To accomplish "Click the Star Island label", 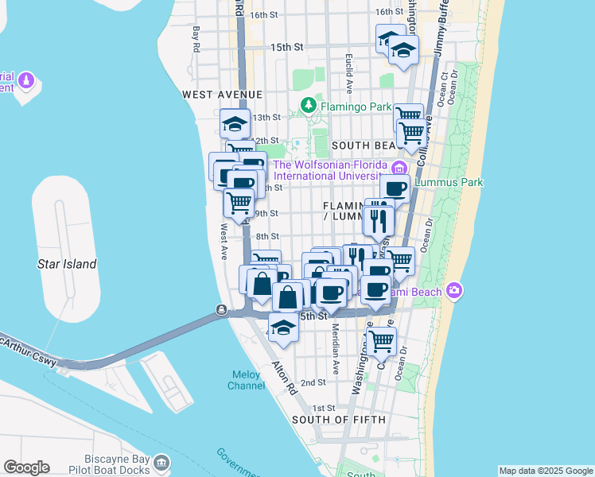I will pos(68,264).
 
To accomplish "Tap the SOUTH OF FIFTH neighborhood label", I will pos(338,419).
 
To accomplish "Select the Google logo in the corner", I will pos(26,467).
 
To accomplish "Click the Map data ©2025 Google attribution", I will pos(545,471).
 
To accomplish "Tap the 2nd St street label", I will pos(313,382).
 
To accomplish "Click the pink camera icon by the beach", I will pos(454,289).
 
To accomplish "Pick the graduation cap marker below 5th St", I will pos(282,328).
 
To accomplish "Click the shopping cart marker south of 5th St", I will pos(381,340).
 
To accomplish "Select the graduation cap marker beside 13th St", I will pos(235,123).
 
